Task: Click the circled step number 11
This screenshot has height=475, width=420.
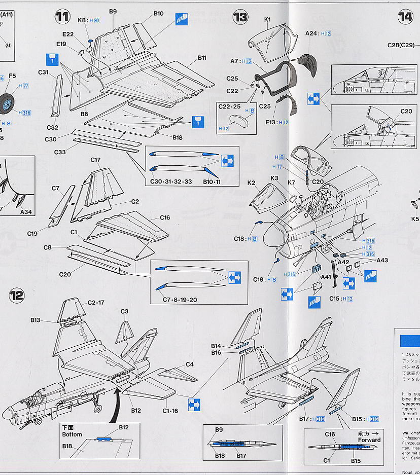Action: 62,17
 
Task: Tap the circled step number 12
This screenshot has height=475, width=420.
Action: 17,295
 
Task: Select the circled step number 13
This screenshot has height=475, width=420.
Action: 240,17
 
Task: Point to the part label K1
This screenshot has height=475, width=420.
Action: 268,20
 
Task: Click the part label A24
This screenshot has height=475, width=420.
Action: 311,33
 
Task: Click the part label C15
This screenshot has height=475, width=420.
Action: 335,299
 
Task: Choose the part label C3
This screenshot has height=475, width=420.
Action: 124,311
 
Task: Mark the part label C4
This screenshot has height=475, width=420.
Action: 189,364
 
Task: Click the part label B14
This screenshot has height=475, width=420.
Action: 216,346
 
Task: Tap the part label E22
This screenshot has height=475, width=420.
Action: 68,34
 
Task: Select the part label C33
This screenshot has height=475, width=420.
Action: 59,152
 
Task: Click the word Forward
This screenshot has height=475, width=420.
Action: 369,440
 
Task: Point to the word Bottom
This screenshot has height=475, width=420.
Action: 72,434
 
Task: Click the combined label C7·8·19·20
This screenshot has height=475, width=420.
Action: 180,300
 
